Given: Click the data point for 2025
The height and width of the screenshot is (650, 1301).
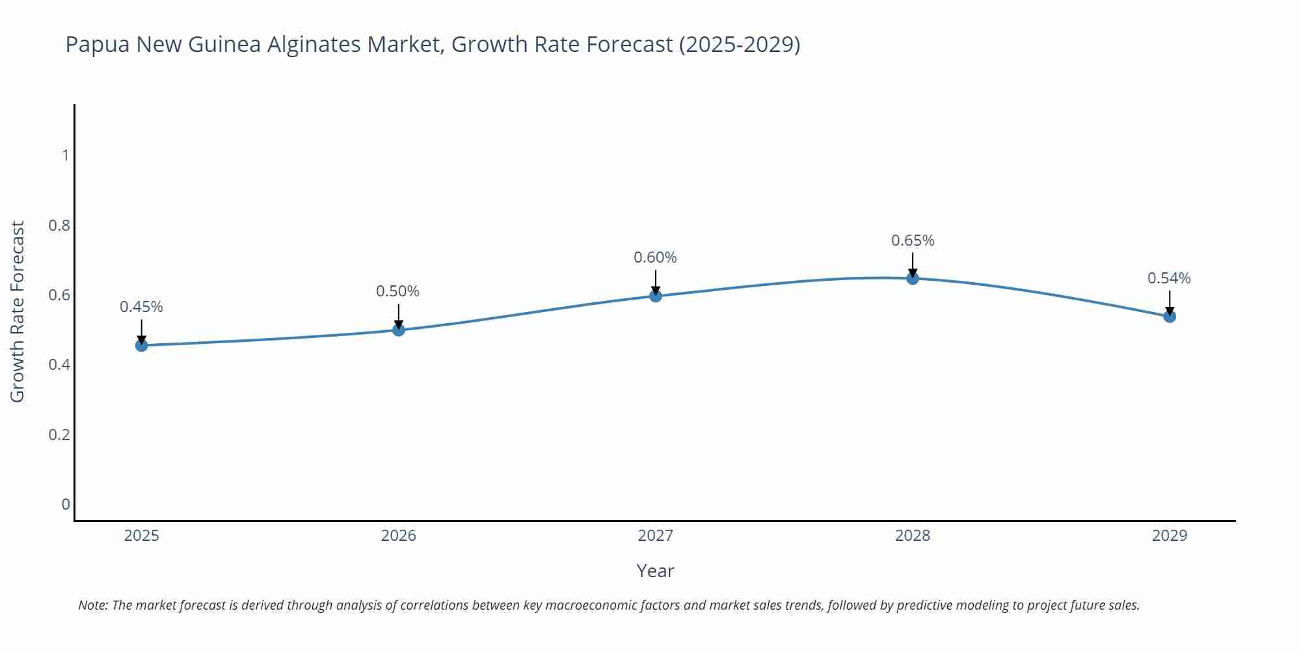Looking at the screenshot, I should (142, 345).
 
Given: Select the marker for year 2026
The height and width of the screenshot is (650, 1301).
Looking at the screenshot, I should (399, 330).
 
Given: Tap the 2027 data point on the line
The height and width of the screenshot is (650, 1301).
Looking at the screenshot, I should (656, 296).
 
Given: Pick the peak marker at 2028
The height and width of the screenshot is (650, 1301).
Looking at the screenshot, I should (913, 278).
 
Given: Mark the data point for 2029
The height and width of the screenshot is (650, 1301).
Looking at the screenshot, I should (1170, 317).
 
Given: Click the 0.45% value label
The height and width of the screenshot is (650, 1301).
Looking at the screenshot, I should (141, 307).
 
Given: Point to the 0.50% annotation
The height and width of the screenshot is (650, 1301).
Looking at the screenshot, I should (398, 291).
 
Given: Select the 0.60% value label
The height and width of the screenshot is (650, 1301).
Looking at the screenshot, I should (655, 257).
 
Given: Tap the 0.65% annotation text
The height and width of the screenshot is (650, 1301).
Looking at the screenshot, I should (913, 240).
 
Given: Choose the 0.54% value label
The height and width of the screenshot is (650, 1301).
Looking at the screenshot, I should (1169, 278).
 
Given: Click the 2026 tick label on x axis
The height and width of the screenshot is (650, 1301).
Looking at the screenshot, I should (399, 536).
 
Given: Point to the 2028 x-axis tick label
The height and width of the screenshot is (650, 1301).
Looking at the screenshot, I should (913, 536).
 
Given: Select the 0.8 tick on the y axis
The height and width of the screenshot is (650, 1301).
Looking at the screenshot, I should (59, 226).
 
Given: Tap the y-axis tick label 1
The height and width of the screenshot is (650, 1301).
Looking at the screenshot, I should (65, 155).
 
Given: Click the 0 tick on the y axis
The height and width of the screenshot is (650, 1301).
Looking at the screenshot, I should (65, 504).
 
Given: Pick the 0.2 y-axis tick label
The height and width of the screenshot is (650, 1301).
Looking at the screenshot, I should (59, 434).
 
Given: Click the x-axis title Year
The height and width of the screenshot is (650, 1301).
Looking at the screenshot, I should (655, 571).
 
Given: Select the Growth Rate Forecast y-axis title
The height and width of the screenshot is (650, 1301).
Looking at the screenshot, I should (18, 311).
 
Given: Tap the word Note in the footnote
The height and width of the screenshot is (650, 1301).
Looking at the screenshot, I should (92, 605).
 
